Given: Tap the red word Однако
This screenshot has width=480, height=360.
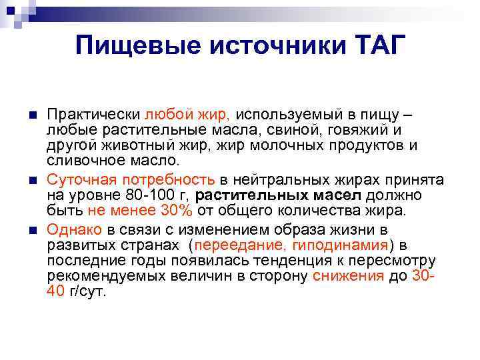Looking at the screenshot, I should (x=73, y=229).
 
